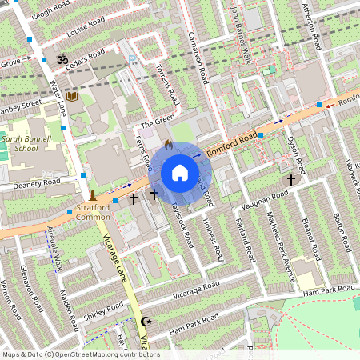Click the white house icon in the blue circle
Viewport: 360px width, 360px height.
tap(180, 173)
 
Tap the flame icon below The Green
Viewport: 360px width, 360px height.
tap(168, 145)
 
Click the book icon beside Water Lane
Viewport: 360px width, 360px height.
tap(72, 97)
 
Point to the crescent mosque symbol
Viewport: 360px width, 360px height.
tap(145, 322)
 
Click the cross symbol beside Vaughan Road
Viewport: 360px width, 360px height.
tap(290, 181)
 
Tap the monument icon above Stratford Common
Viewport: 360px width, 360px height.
tap(93, 195)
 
